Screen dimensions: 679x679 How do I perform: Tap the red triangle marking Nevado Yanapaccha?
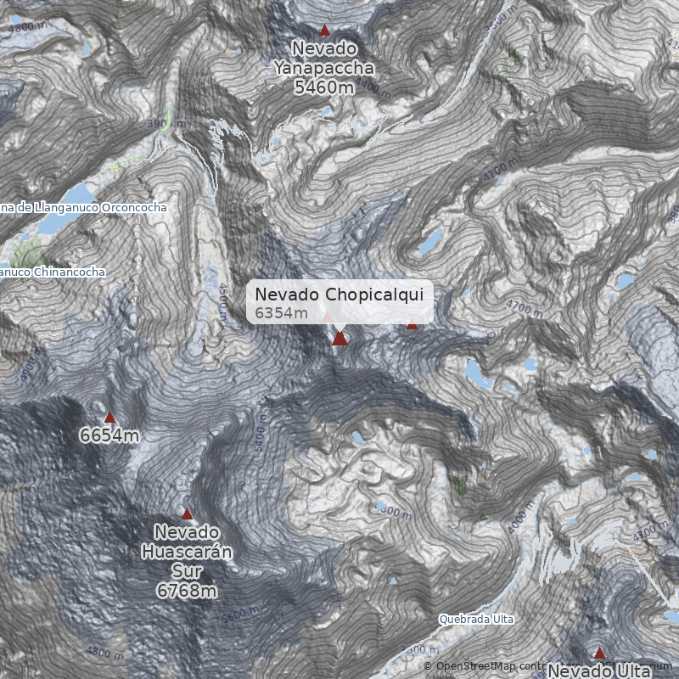(x=323, y=30)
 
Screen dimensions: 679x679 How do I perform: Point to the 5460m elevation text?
(x=323, y=87)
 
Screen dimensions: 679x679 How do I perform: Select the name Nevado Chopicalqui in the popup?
(x=344, y=294)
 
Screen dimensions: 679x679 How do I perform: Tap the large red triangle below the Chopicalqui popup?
(x=339, y=339)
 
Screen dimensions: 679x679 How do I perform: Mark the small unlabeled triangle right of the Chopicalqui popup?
(x=412, y=324)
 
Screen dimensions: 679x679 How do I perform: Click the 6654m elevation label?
(x=109, y=435)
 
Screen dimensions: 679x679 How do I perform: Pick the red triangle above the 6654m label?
(x=109, y=417)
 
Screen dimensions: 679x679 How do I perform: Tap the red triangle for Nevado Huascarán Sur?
(x=188, y=513)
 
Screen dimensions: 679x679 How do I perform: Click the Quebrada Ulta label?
(x=476, y=620)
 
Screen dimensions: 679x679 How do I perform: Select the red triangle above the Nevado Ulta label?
(x=599, y=653)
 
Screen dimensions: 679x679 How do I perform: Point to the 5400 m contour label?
(x=260, y=434)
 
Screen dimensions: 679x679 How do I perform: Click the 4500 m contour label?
(x=222, y=301)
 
